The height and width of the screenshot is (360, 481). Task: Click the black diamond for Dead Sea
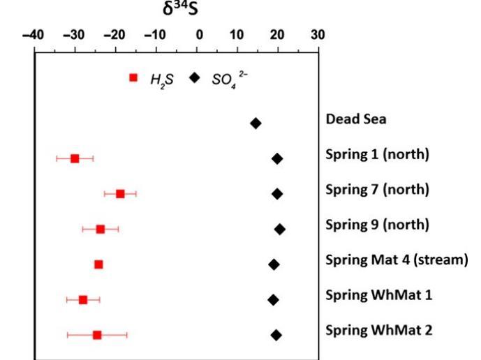pyautogui.click(x=256, y=123)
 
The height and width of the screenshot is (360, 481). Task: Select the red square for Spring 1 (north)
pyautogui.click(x=75, y=159)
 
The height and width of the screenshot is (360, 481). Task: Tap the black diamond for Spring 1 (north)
pyautogui.click(x=277, y=159)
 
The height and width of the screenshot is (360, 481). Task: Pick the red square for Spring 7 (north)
pyautogui.click(x=120, y=194)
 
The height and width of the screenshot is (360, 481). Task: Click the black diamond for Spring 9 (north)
pyautogui.click(x=280, y=229)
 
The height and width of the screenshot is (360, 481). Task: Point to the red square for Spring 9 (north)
pyautogui.click(x=101, y=229)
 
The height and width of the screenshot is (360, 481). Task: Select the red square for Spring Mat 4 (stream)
pyautogui.click(x=98, y=264)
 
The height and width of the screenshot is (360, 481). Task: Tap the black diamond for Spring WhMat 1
pyautogui.click(x=273, y=300)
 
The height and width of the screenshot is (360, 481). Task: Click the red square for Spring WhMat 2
pyautogui.click(x=97, y=335)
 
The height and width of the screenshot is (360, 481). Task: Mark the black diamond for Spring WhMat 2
pyautogui.click(x=276, y=335)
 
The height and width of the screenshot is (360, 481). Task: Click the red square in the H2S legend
pyautogui.click(x=133, y=77)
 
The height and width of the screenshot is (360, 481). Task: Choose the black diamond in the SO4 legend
pyautogui.click(x=195, y=77)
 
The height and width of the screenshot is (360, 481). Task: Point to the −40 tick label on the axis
pyautogui.click(x=34, y=34)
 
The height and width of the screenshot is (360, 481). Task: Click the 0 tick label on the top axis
pyautogui.click(x=199, y=34)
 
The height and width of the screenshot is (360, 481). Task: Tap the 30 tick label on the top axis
pyautogui.click(x=318, y=34)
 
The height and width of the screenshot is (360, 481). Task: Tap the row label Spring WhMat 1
pyautogui.click(x=378, y=295)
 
